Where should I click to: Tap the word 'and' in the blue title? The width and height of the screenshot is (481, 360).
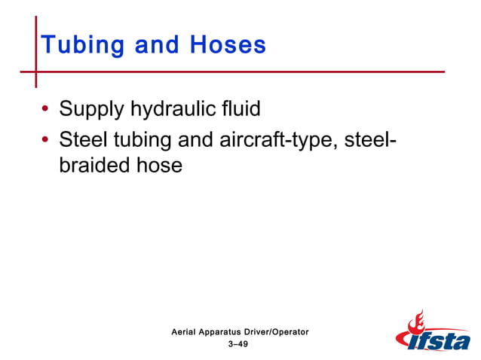click(157, 45)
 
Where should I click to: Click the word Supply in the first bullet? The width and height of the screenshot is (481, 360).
click(92, 110)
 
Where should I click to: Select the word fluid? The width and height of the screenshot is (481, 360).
click(242, 109)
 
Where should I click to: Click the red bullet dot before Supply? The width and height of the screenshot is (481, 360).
click(47, 111)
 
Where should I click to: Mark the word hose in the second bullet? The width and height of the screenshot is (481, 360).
click(158, 165)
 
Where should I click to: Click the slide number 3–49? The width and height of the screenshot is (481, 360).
click(237, 343)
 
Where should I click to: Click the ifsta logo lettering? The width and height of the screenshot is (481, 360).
click(442, 341)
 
